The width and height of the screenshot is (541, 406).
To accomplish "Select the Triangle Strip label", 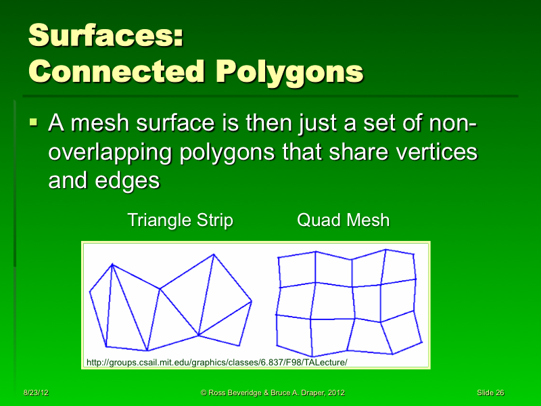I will [181, 221].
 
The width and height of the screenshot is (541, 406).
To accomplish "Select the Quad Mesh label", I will [344, 221].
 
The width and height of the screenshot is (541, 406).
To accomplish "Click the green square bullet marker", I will [34, 124].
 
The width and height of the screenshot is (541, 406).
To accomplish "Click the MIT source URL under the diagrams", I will [216, 363].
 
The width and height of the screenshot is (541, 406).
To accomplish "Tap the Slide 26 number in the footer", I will [490, 393].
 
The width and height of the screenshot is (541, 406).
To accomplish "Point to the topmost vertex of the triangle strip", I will [214, 255].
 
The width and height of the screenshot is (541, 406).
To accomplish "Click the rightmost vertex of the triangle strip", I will [252, 302].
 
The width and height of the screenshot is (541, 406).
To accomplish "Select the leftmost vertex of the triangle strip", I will [90, 292].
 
